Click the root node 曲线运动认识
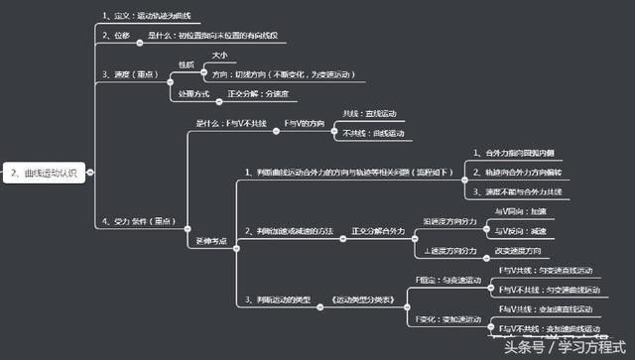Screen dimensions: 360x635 pos(46,172)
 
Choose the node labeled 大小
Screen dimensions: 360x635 pos(219,55)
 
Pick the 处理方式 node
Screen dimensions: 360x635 pos(193,93)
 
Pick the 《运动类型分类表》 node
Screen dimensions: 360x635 pos(355,299)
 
